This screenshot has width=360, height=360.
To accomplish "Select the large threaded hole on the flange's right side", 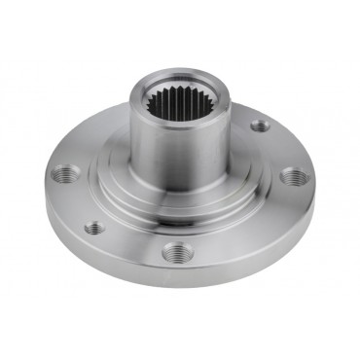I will coord(292,178).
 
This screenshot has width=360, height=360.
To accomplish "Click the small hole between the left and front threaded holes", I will coord(93,228).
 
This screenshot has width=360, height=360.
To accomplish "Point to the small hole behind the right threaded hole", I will coord(258,125).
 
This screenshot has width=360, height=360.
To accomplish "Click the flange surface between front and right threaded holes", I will coord(243,229).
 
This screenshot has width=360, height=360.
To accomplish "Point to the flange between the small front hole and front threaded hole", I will coord(131,243).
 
